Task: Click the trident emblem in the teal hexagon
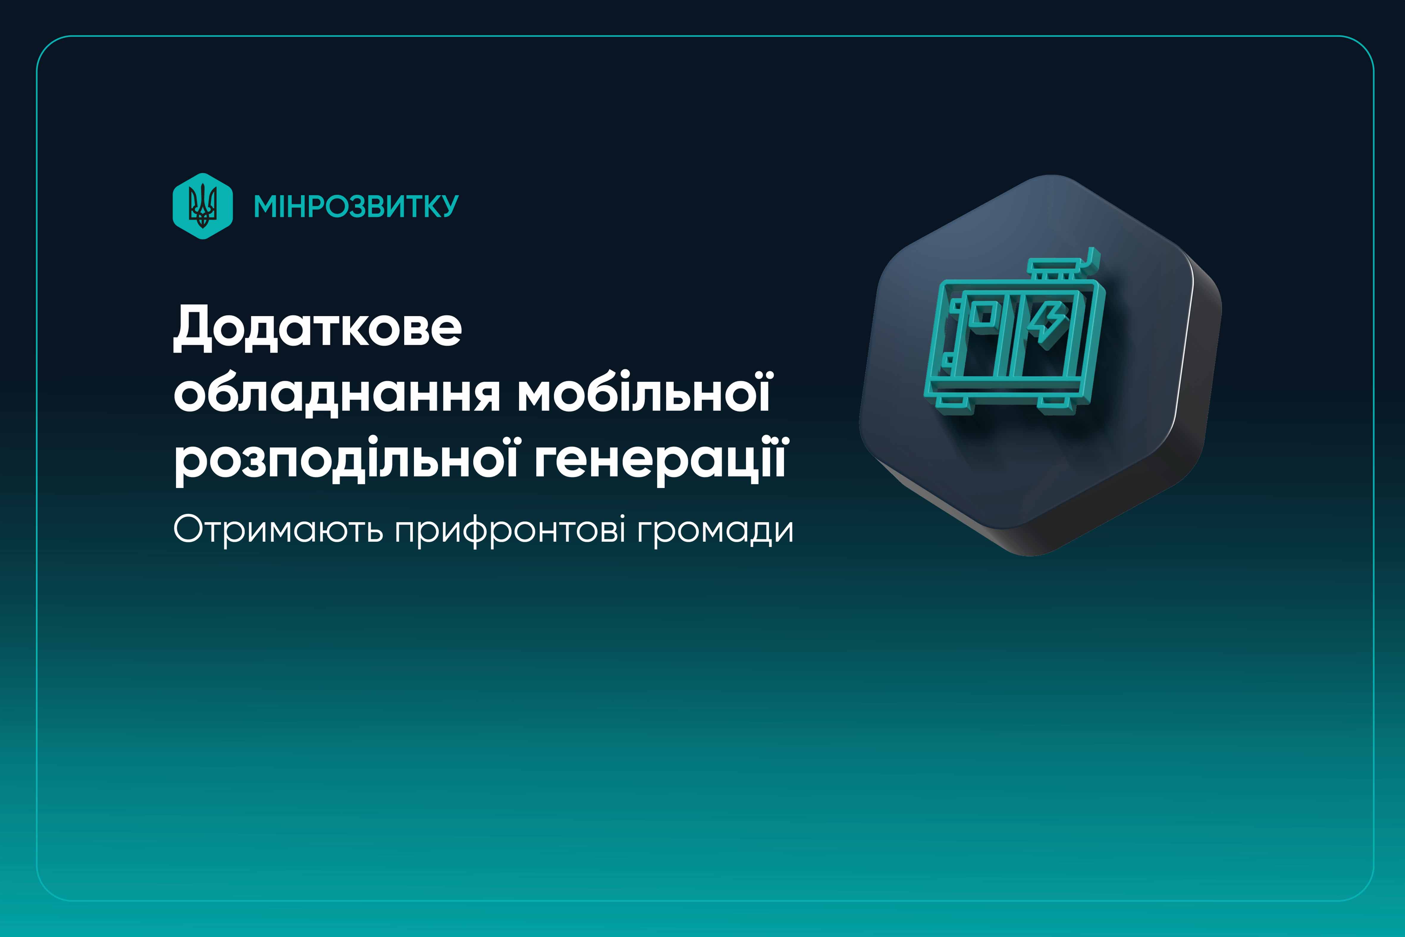pyautogui.click(x=203, y=206)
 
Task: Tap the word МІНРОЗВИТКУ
pyautogui.click(x=356, y=206)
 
